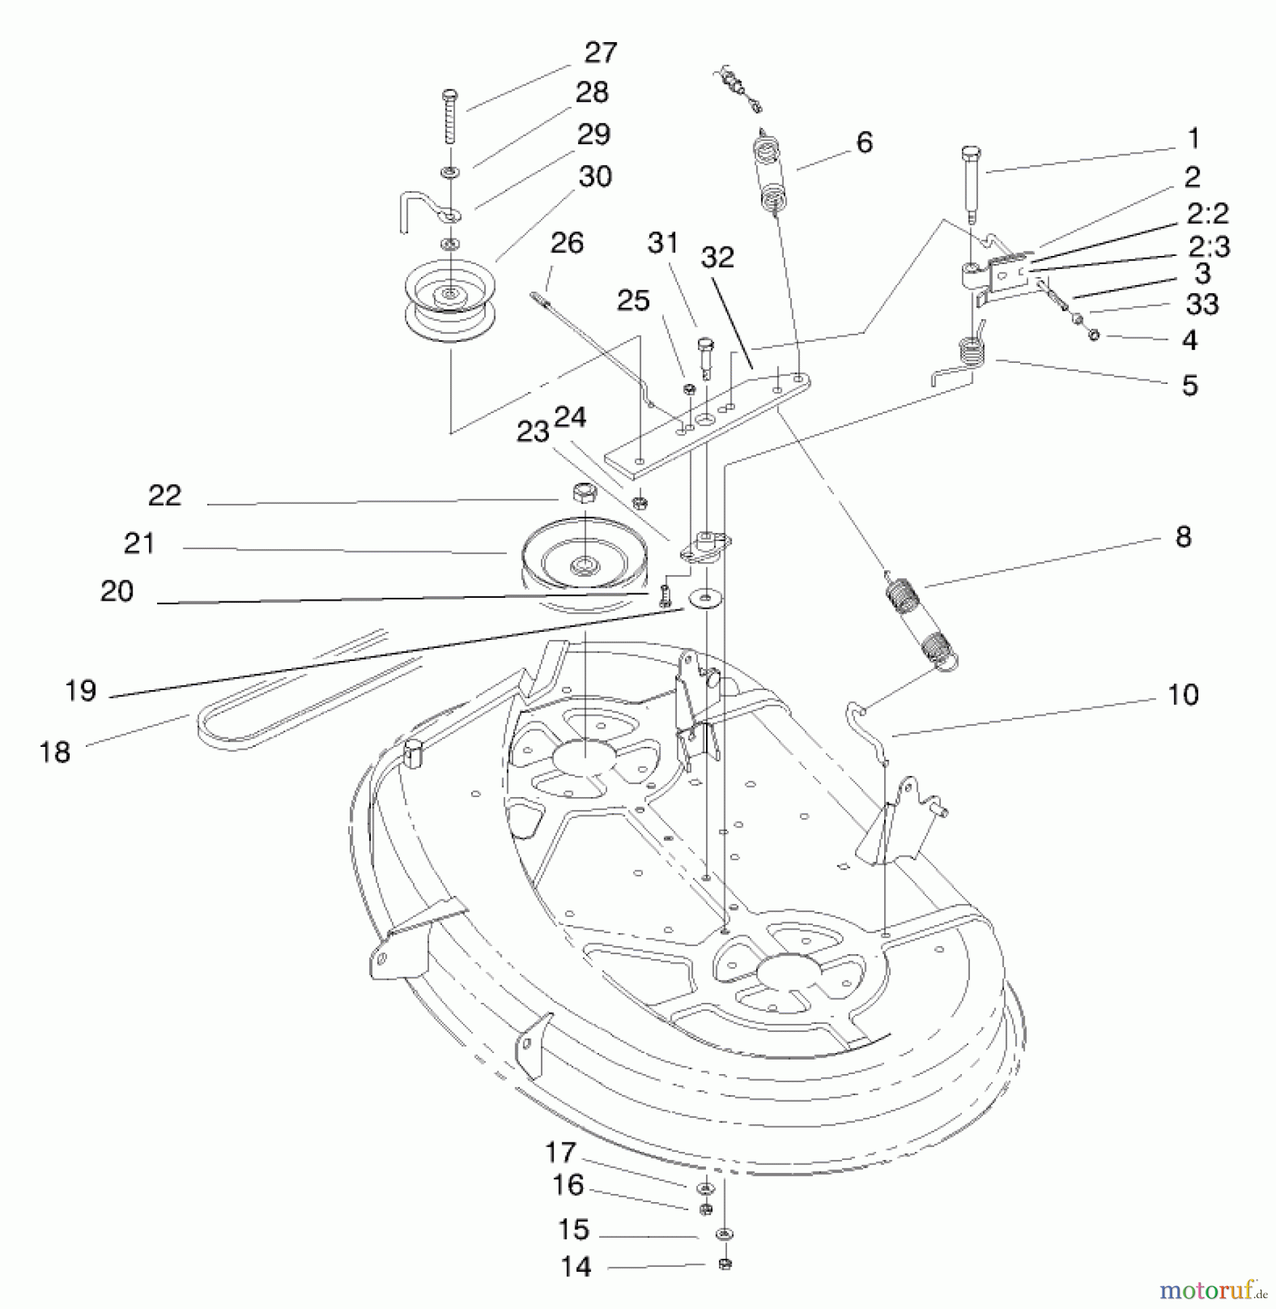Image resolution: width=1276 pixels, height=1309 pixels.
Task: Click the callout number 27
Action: (601, 53)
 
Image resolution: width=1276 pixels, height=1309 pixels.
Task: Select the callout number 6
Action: (864, 143)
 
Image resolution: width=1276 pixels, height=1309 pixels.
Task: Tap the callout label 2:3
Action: (1208, 247)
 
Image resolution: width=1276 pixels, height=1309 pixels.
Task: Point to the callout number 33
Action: (1202, 304)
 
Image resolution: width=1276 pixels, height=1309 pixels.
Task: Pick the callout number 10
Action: (1183, 694)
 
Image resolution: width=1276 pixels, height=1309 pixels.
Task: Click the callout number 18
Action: (55, 752)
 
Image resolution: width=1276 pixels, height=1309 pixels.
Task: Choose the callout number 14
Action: (576, 1267)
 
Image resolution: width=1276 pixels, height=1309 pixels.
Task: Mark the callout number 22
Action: (164, 495)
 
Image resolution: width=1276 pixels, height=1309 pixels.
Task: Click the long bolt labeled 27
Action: (450, 116)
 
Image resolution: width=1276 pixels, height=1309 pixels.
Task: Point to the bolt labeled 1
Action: (971, 185)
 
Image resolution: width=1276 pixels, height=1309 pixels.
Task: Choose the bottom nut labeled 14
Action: (724, 1264)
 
